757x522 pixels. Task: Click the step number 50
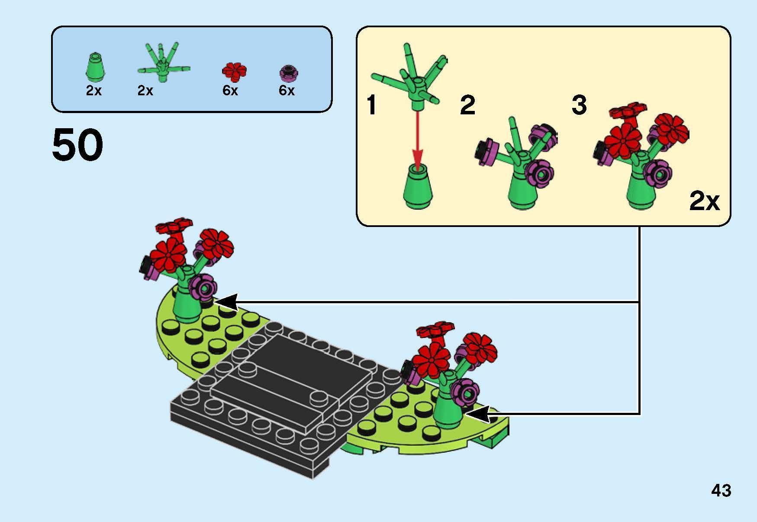(78, 145)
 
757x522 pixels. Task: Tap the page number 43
(721, 491)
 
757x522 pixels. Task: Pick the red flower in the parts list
(234, 71)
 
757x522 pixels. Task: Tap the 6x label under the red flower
(230, 91)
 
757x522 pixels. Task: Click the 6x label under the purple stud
(287, 91)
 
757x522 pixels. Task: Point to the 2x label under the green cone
(93, 91)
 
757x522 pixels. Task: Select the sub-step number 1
(371, 105)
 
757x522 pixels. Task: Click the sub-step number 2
(467, 105)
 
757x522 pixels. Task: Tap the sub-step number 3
(579, 105)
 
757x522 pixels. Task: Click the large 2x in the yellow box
(704, 201)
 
